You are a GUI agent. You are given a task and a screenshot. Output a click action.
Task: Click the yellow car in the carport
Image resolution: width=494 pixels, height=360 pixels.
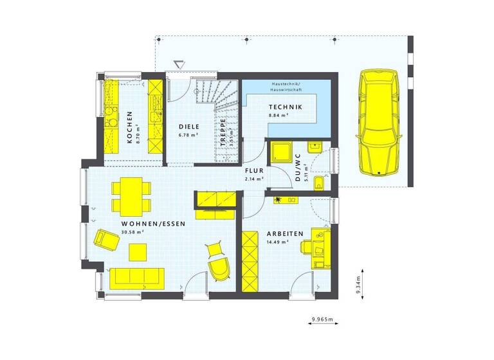[380, 122]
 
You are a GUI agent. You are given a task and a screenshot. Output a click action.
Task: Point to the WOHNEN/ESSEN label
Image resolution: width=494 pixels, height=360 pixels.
[153, 224]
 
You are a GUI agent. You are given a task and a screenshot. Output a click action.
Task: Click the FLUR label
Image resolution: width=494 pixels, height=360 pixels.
[254, 171]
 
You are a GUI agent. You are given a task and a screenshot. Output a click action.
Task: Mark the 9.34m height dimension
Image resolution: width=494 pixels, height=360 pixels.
[358, 283]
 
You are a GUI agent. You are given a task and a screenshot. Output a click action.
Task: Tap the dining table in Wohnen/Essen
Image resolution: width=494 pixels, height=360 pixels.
[132, 197]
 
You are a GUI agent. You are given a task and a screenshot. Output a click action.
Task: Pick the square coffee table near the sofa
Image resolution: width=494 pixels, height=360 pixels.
[137, 253]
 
